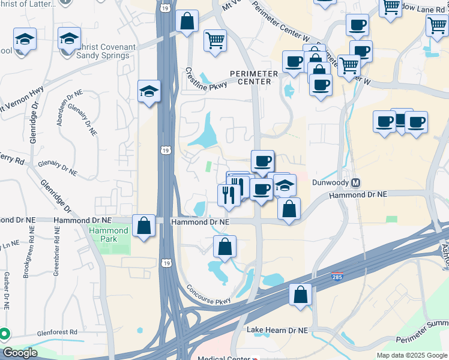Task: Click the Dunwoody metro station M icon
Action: coord(355,183)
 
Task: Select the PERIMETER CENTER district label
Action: coord(255,77)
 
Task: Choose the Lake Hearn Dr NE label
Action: coord(277,330)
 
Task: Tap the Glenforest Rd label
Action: coord(56,332)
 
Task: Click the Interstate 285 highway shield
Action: coord(337,275)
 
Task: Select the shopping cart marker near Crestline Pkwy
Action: coord(215,41)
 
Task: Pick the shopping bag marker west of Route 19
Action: coord(143,226)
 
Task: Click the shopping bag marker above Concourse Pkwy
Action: coord(224,247)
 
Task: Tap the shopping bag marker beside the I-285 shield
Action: coord(300,295)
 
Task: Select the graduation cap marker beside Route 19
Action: coord(149,91)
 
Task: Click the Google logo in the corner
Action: coord(19,353)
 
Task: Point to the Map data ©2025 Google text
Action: coord(412,355)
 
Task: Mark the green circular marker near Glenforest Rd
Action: coord(4,334)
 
